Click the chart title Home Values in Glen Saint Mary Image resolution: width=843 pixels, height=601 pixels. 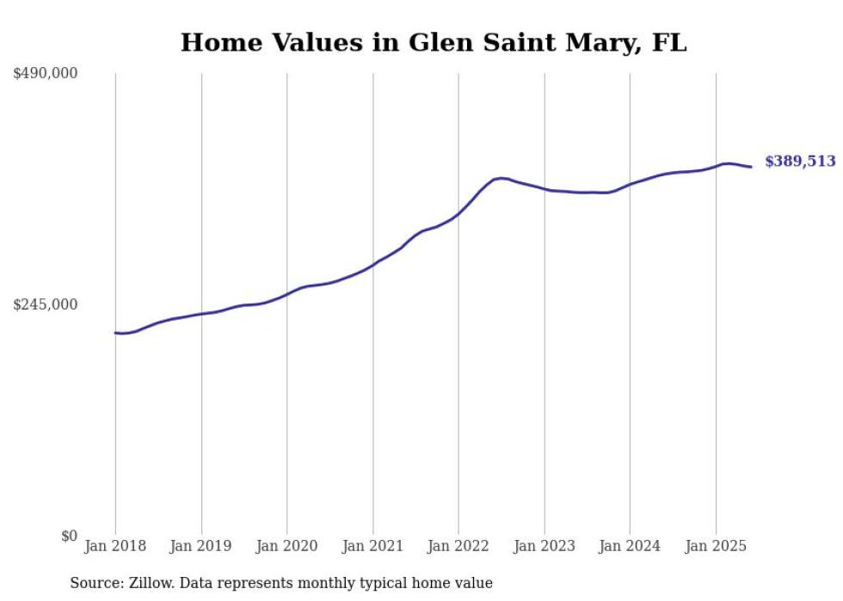434,43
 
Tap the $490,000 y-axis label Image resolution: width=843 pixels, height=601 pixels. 46,74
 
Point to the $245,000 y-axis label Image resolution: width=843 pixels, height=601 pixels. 46,304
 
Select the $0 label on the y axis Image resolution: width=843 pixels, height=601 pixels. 69,536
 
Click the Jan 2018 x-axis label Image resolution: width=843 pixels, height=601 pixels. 115,546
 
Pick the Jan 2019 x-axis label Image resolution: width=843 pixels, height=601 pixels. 201,546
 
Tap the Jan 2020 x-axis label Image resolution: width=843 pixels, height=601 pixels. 287,546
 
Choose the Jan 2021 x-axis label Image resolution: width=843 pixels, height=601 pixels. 372,546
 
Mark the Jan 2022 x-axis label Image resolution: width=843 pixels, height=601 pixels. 458,546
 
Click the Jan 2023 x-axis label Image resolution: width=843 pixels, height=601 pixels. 545,546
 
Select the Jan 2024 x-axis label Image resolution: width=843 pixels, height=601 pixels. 630,546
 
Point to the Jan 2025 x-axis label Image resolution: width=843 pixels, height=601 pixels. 716,546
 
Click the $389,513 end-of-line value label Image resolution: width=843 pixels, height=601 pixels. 800,162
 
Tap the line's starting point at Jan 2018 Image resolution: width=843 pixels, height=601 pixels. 115,333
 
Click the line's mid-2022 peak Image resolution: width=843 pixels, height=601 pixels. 501,178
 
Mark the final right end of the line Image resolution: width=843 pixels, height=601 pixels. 752,167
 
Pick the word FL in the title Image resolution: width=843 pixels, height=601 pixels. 669,43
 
